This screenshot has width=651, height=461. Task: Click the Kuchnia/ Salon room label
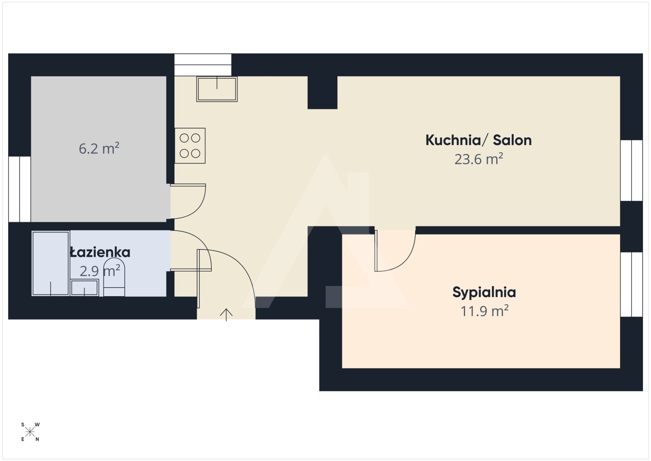coord(479,140)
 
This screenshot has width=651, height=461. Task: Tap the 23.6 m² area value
coord(479,159)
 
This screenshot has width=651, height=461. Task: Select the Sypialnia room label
coord(484,292)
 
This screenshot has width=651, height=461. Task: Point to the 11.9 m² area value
coord(485,311)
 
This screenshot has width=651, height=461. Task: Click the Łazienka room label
coord(100,252)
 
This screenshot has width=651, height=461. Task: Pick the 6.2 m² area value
coord(99,148)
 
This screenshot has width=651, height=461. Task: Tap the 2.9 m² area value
coord(100,271)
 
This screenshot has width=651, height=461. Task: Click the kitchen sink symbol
coord(217,89)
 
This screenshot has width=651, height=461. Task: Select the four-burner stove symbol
coord(190,146)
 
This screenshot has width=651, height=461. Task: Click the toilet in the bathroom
coord(114,277)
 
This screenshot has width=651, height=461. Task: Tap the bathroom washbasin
coord(84,287)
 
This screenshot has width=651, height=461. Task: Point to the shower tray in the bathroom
coord(50,264)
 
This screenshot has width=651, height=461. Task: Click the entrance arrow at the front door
coord(226,315)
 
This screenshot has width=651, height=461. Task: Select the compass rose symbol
coord(30,432)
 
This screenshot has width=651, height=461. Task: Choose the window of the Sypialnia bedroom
coord(632,284)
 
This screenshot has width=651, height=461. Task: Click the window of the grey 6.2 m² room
coord(19,189)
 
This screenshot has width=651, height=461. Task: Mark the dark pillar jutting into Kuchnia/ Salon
coord(322,93)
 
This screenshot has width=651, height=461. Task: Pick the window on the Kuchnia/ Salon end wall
coord(632,170)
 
